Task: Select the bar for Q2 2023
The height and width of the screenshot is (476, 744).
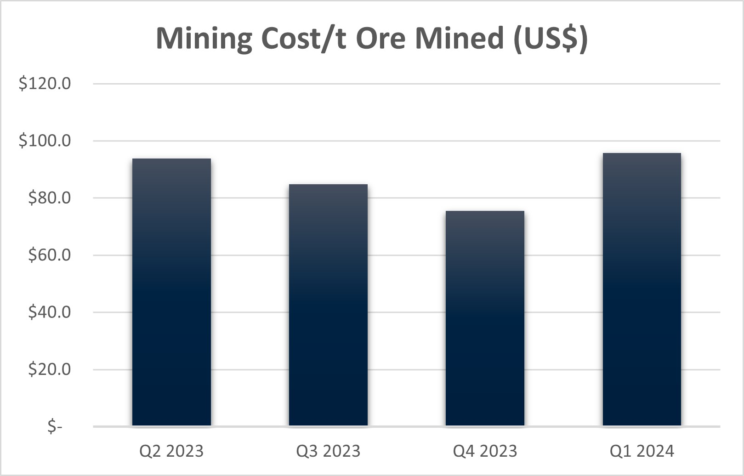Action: (171, 292)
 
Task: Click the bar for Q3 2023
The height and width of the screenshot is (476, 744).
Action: (328, 305)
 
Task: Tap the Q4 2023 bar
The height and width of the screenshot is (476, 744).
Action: (485, 318)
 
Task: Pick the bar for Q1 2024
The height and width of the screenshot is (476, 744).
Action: (642, 289)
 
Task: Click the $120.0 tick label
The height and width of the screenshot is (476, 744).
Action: (45, 84)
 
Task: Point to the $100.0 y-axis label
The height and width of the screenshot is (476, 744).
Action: (45, 141)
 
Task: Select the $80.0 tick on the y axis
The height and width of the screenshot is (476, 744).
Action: (49, 198)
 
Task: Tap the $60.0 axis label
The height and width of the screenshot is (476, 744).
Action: (49, 255)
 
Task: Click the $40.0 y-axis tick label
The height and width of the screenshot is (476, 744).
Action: (49, 312)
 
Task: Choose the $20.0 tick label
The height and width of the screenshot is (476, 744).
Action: (49, 369)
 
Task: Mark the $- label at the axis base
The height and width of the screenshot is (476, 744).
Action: (55, 427)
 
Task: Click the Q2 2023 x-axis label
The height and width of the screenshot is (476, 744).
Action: (171, 451)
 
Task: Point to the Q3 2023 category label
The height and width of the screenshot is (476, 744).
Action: (328, 451)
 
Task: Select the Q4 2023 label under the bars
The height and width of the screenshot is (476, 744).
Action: (485, 451)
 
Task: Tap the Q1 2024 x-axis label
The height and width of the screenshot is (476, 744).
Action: (642, 451)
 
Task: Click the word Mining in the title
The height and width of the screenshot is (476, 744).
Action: (204, 38)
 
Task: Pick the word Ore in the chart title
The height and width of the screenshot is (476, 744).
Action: (382, 38)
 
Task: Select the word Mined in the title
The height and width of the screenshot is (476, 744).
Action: (460, 38)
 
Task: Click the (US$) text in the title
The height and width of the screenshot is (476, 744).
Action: (551, 38)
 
